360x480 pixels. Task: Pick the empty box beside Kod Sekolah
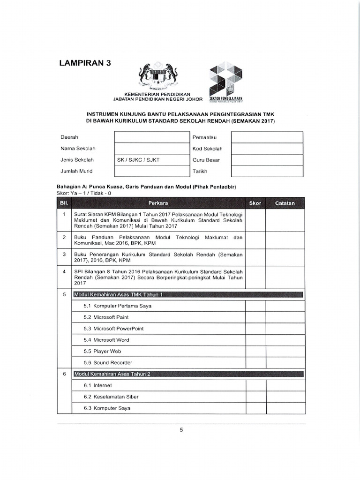[x=267, y=149]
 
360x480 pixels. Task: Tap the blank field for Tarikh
[x=267, y=172]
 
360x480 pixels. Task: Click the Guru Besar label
[x=203, y=160]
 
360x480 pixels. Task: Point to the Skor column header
[x=255, y=203]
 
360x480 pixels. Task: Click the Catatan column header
[x=285, y=203]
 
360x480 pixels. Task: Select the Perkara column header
[x=158, y=203]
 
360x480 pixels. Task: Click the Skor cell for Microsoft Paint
[x=255, y=317]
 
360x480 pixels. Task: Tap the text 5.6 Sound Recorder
[x=108, y=363]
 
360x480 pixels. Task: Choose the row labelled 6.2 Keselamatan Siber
[x=111, y=397]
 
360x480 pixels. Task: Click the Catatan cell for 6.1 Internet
[x=285, y=385]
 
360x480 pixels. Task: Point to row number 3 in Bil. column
[x=64, y=254]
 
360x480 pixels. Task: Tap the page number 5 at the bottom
[x=181, y=431]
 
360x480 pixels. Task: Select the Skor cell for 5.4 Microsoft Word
[x=255, y=340]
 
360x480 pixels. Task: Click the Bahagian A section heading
[x=146, y=187]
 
